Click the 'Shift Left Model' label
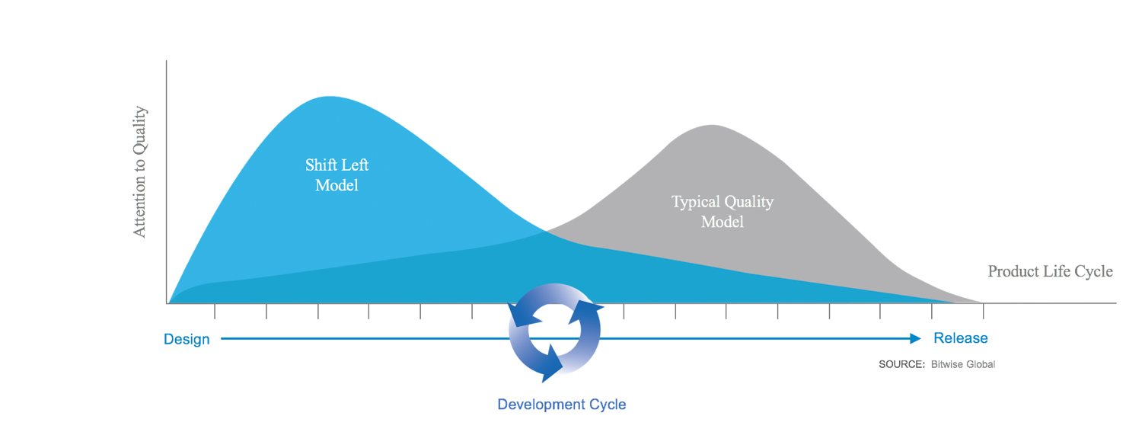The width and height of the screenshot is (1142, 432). click(x=337, y=175)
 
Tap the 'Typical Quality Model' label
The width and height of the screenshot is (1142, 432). click(x=723, y=212)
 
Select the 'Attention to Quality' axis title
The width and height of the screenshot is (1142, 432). click(x=139, y=172)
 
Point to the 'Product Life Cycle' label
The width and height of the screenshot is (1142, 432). click(x=1050, y=271)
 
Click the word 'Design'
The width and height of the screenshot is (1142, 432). click(x=187, y=339)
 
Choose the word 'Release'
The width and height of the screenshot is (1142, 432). click(x=961, y=338)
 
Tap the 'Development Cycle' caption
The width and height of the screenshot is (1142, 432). click(x=562, y=405)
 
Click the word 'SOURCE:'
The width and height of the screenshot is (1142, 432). click(x=901, y=364)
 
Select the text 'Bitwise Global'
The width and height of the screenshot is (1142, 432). click(x=963, y=364)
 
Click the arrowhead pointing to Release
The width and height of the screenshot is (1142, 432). click(x=916, y=338)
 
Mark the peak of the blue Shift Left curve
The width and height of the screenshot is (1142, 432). click(x=330, y=97)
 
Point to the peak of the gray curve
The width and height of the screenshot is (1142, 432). click(x=711, y=126)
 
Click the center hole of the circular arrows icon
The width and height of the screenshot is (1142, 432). click(x=555, y=330)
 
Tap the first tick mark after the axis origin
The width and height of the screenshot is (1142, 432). click(x=215, y=311)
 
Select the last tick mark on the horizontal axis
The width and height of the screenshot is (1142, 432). click(x=984, y=311)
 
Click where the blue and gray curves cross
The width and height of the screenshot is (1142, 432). click(x=547, y=231)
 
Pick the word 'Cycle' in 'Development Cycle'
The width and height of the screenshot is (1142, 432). click(x=608, y=405)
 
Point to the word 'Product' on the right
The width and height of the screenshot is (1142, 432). click(x=1013, y=271)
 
